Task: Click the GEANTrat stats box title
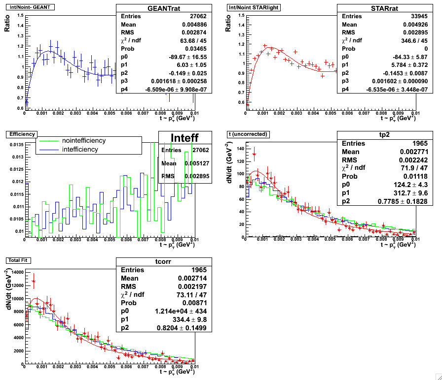pos(164,8)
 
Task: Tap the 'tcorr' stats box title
pos(164,262)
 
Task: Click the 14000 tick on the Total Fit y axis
pos(16,272)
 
